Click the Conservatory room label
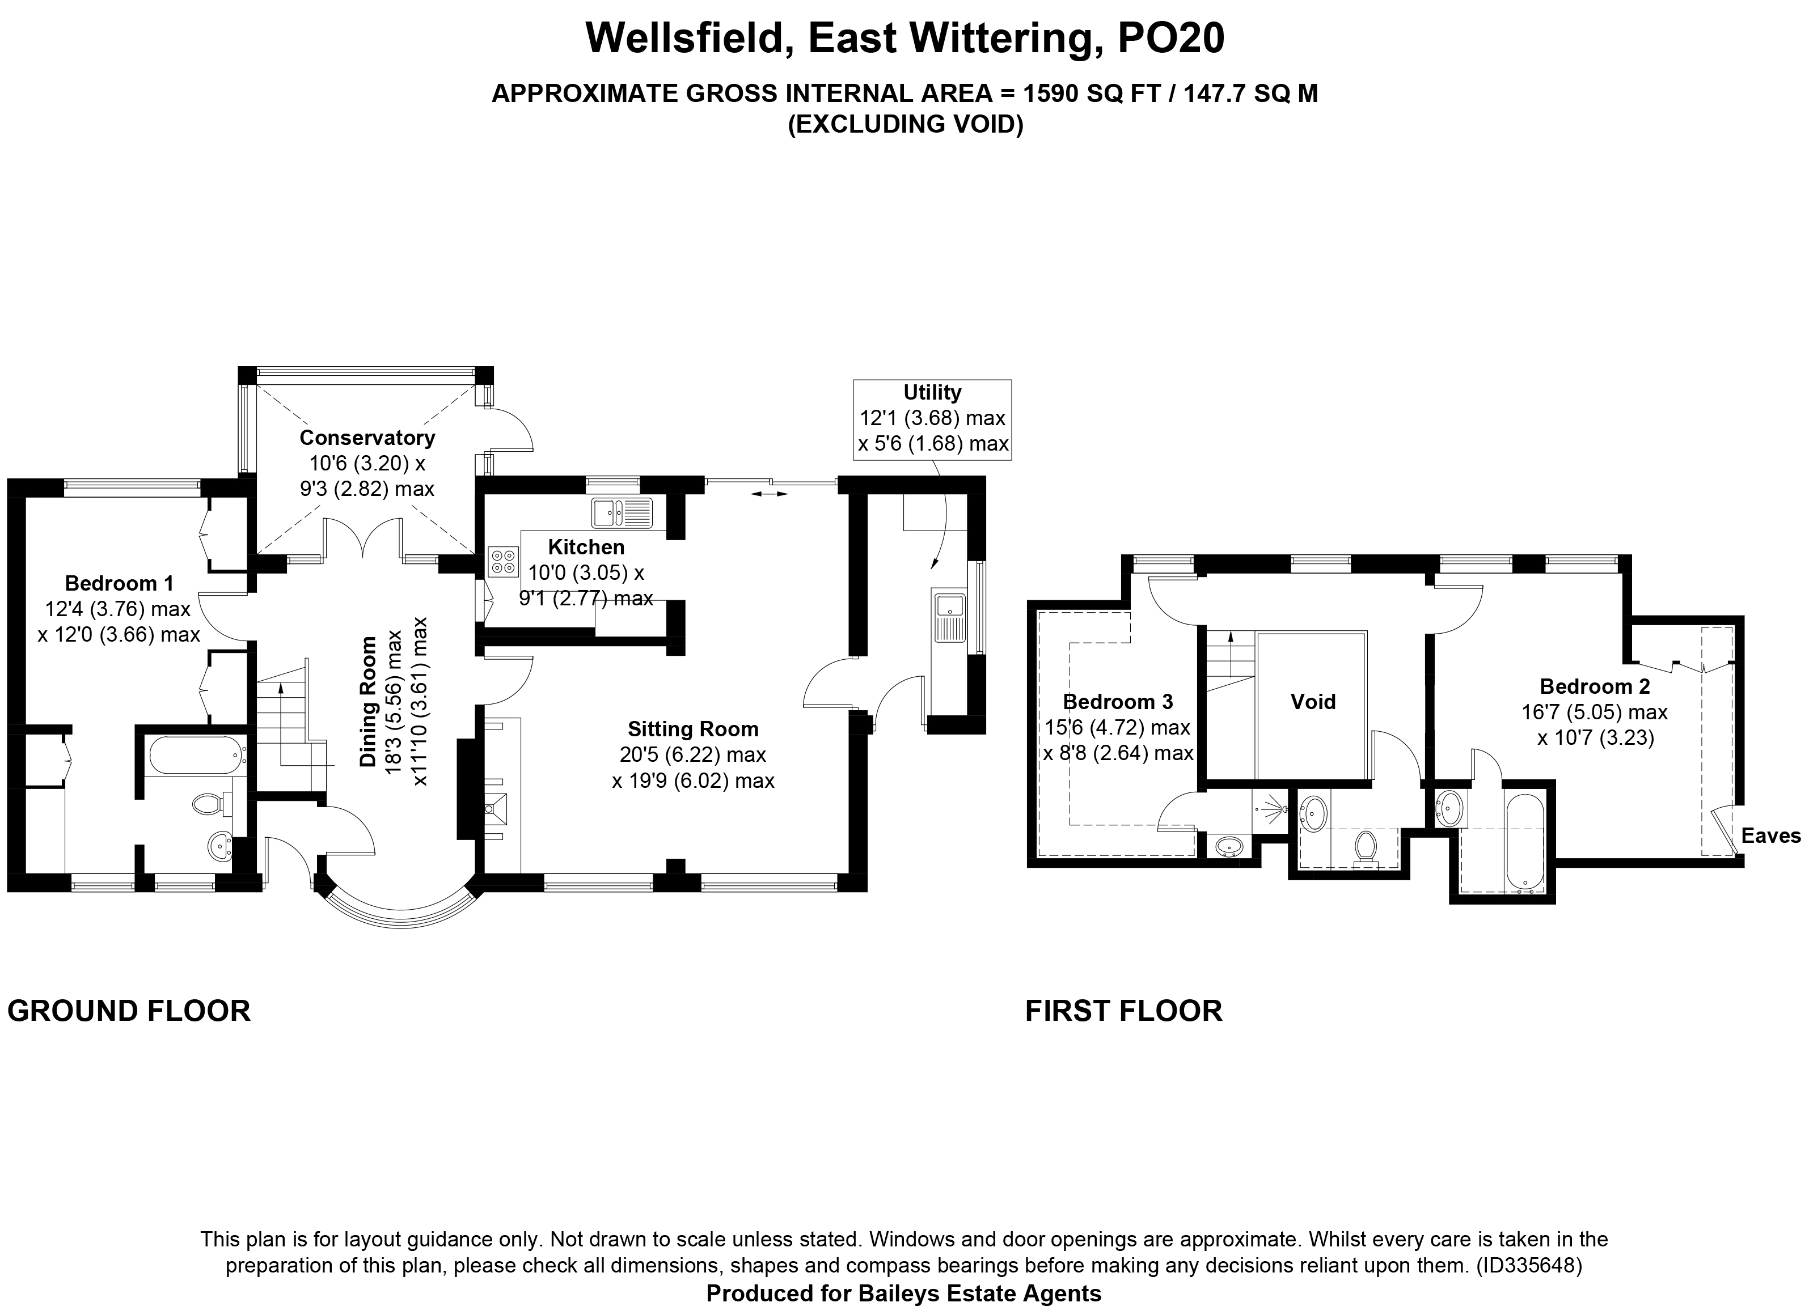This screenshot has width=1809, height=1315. coord(367,438)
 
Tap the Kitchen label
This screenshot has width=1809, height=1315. coord(586,547)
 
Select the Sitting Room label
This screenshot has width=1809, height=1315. coord(692,729)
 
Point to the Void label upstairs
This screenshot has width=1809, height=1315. coord(1313,702)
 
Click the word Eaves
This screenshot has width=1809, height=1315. coord(1770,835)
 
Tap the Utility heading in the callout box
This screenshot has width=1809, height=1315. coord(932,392)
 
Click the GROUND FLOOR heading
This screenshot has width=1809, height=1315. coord(129,1011)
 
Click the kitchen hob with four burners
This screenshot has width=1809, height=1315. coord(504,561)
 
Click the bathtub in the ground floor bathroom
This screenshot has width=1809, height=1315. coord(196,754)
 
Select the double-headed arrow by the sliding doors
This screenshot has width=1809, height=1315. coord(770,494)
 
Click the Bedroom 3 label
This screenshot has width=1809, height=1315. coord(1118,702)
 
